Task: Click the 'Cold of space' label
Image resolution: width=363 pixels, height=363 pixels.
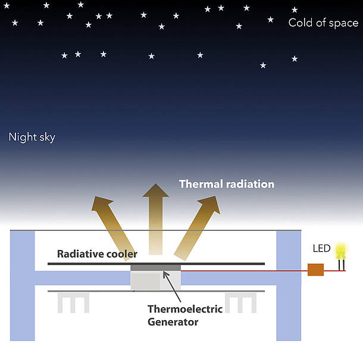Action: tap(323, 23)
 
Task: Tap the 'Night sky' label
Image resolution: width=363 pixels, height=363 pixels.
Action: tap(32, 137)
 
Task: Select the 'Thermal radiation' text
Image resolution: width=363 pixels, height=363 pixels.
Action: tap(227, 184)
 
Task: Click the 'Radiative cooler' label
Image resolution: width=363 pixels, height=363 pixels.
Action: tap(97, 254)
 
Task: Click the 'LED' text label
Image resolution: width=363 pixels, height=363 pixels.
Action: tap(321, 248)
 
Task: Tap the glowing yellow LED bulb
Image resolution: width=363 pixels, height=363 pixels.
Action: tap(341, 251)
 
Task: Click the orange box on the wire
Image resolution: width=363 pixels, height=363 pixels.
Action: tap(315, 270)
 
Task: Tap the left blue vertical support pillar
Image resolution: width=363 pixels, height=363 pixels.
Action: tap(23, 286)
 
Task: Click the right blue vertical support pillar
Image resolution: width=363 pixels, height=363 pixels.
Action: tap(289, 286)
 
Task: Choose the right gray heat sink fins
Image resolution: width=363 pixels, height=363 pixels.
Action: tap(240, 302)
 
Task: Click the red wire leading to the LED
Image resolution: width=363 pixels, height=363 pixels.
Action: tap(244, 270)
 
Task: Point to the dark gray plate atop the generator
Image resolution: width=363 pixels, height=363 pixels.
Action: tap(155, 267)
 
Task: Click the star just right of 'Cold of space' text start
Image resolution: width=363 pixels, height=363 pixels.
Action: tap(294, 10)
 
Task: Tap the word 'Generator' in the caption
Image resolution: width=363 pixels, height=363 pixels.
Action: tap(172, 322)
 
